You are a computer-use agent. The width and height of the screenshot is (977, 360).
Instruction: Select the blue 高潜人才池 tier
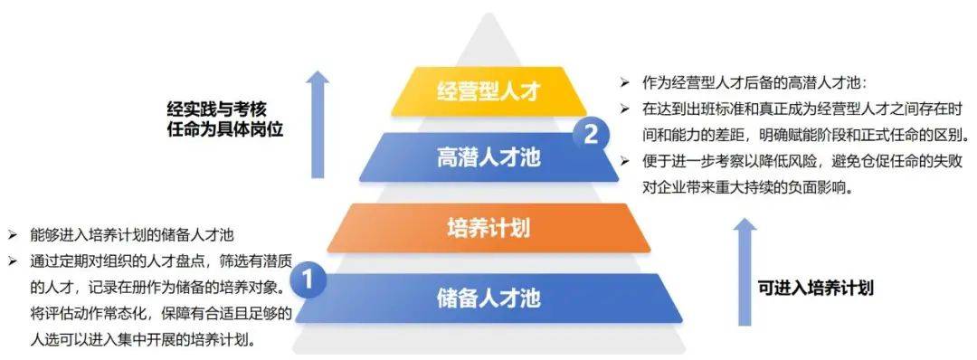click(488, 157)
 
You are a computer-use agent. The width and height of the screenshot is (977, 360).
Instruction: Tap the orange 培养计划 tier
click(488, 227)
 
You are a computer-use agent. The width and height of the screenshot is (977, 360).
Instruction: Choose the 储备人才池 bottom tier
click(488, 298)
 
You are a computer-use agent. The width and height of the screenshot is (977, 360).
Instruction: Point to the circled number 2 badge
click(590, 136)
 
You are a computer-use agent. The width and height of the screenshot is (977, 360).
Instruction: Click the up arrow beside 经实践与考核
click(318, 125)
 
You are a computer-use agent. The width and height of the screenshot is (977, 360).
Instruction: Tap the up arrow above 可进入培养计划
click(745, 270)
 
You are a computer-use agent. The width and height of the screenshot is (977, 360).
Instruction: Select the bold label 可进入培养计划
click(815, 289)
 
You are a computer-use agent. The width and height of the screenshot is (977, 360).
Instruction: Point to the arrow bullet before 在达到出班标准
click(624, 109)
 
